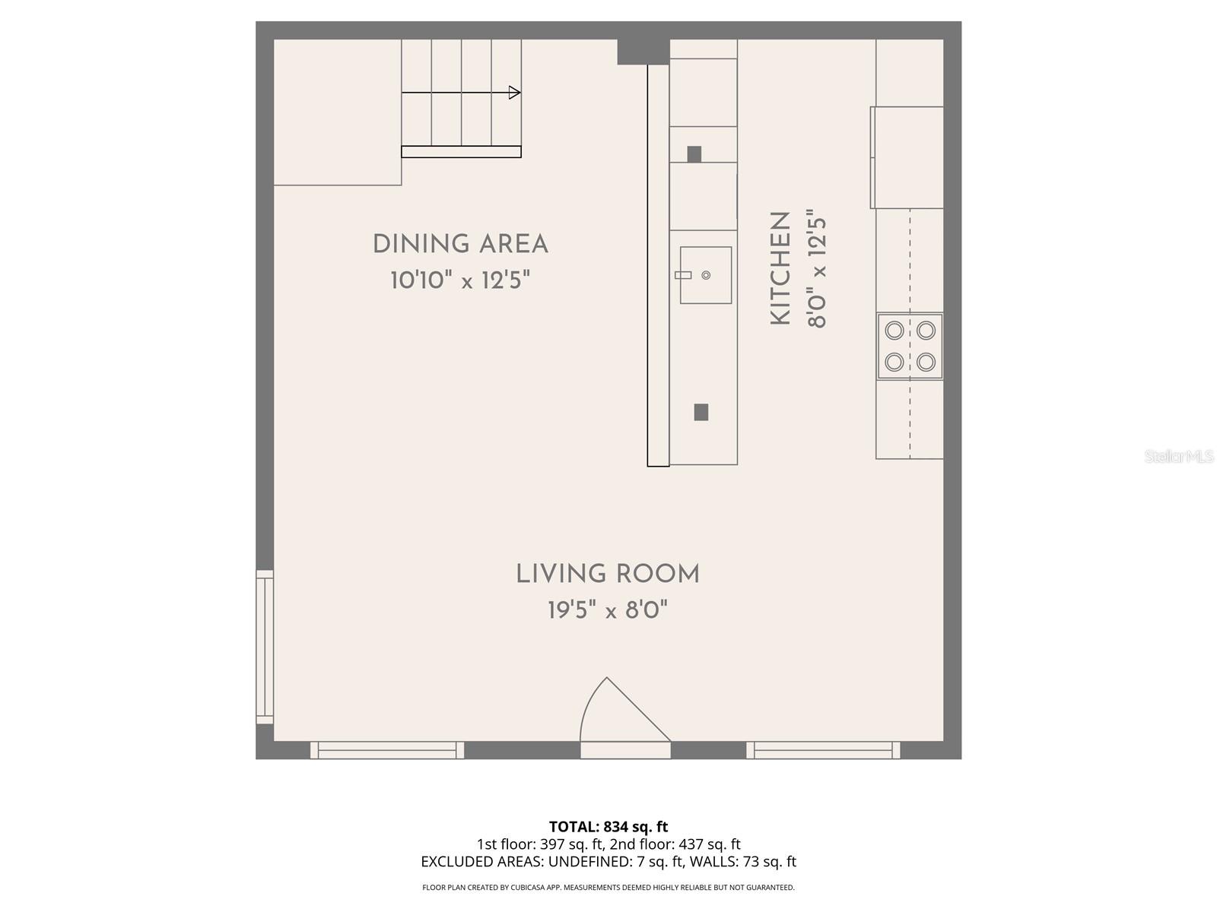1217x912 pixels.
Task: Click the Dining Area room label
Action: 460,245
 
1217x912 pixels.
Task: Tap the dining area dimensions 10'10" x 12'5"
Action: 460,280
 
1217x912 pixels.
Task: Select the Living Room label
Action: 608,575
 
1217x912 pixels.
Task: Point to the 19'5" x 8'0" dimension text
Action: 608,610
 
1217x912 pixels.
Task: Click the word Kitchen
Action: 781,269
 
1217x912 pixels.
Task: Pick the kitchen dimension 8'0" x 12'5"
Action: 816,269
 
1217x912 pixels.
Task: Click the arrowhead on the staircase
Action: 515,93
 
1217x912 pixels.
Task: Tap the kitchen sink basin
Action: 706,275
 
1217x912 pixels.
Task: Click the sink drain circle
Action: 706,275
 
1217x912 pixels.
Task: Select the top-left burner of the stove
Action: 894,331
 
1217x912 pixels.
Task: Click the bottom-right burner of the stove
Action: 926,362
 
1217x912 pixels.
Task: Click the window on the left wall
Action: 264,647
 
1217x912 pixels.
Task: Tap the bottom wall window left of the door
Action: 387,750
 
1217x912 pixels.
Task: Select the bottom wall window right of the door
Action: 823,750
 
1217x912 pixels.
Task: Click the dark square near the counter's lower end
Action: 701,412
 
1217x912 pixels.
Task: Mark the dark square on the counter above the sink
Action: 694,154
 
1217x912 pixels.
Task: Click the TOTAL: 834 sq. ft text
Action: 608,826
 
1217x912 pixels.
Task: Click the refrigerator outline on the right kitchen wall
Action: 907,157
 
